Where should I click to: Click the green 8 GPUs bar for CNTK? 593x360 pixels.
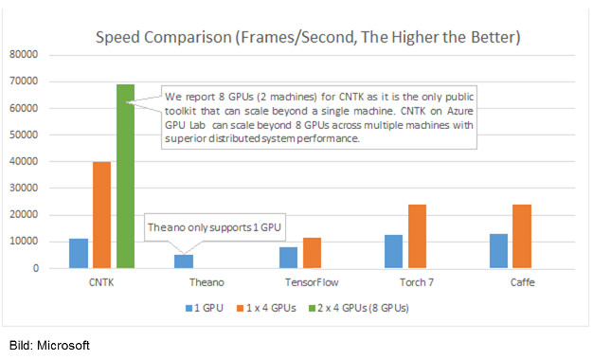click(x=126, y=176)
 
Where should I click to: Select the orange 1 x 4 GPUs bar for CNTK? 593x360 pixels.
click(x=101, y=215)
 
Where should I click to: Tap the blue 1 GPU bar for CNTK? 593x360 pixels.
click(x=79, y=253)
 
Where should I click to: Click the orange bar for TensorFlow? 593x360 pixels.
click(x=313, y=253)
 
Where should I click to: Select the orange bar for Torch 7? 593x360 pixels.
click(x=417, y=236)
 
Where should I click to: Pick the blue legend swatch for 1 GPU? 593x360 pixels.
click(x=189, y=308)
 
